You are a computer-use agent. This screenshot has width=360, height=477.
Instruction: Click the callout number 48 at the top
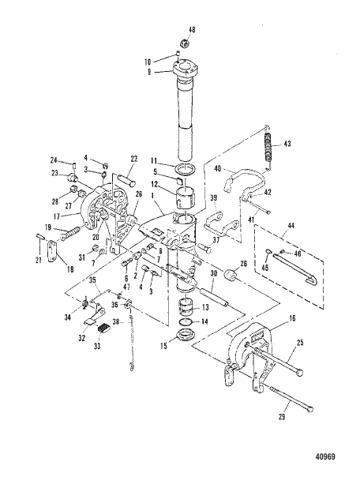tap(192, 30)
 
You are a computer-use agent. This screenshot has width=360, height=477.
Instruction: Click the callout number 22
tap(134, 159)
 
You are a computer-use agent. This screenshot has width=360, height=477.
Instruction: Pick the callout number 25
tap(299, 344)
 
